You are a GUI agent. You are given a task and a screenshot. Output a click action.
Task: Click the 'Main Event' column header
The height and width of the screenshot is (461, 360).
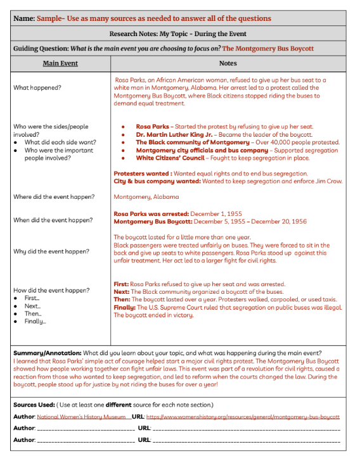point(60,63)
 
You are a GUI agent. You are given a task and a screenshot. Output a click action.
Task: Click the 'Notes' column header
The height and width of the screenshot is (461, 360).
point(228,63)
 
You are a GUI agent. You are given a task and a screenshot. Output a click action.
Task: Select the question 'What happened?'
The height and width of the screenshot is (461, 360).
point(37,87)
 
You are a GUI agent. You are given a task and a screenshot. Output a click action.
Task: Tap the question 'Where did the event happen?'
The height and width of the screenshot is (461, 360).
point(54,197)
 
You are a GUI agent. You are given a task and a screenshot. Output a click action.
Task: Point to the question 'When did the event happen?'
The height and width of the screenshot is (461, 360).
point(53,220)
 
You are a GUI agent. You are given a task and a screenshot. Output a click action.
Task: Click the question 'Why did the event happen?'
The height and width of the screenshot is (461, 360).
point(51,251)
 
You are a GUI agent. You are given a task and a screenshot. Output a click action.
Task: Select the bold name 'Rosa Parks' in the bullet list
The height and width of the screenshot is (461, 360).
point(153,127)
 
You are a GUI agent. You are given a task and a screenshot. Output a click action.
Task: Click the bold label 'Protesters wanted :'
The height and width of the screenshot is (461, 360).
point(142,174)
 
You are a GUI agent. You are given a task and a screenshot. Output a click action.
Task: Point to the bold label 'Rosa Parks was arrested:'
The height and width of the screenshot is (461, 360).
point(150,213)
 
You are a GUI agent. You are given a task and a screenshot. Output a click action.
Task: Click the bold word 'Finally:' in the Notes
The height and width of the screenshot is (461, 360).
point(125,307)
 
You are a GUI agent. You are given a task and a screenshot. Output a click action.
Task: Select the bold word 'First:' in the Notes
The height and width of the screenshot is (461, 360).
point(122,284)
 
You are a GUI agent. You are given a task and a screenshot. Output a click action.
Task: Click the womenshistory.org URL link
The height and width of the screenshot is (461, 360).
point(243,417)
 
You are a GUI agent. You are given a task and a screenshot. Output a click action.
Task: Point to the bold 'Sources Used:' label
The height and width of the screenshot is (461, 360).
point(34,405)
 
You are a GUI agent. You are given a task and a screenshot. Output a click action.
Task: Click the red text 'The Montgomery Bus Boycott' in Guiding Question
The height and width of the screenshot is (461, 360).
point(267,48)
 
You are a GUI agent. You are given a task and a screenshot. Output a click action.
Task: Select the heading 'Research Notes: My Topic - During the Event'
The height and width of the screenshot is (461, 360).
point(177,33)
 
